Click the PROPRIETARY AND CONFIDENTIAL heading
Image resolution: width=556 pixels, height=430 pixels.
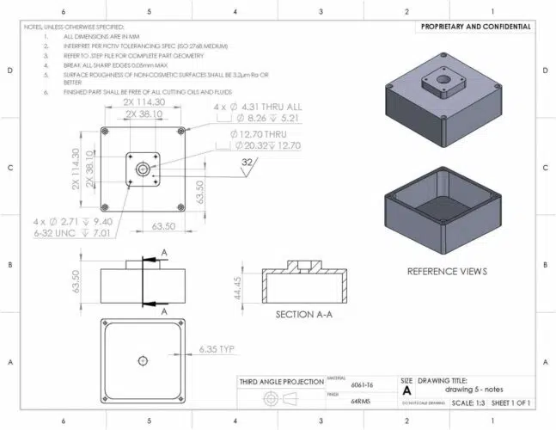475,27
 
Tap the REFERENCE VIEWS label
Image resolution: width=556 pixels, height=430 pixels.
447,271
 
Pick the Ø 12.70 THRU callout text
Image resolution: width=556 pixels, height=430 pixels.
257,135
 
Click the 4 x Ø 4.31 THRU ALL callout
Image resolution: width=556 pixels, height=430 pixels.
254,107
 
